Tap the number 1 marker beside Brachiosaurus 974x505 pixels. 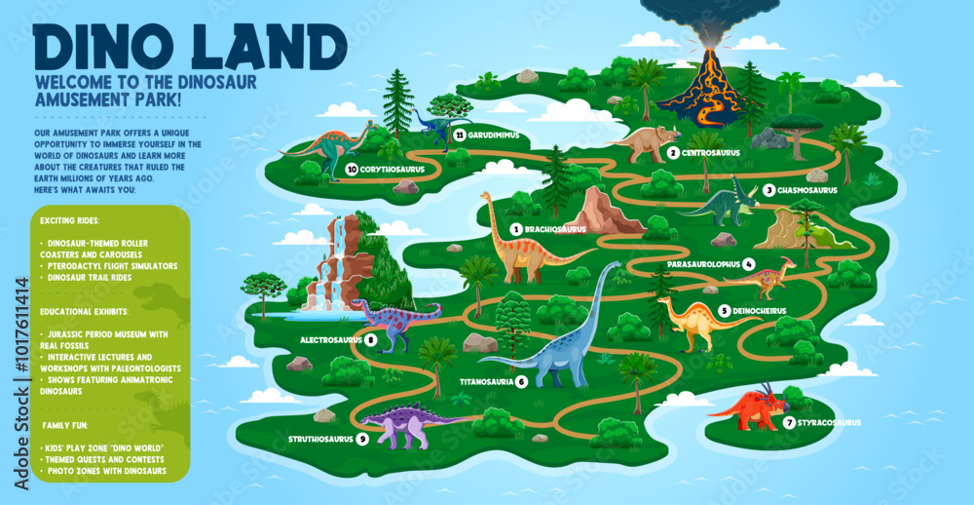pyautogui.click(x=515, y=229)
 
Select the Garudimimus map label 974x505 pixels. pyautogui.click(x=493, y=135)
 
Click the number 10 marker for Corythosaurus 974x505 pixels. pyautogui.click(x=351, y=169)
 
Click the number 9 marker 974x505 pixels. pyautogui.click(x=362, y=439)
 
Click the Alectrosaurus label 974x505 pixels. pyautogui.click(x=331, y=339)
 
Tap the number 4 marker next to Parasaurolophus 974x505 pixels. pyautogui.click(x=748, y=263)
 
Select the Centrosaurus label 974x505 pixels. pyautogui.click(x=710, y=153)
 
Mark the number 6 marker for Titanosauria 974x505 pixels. pyautogui.click(x=522, y=381)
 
